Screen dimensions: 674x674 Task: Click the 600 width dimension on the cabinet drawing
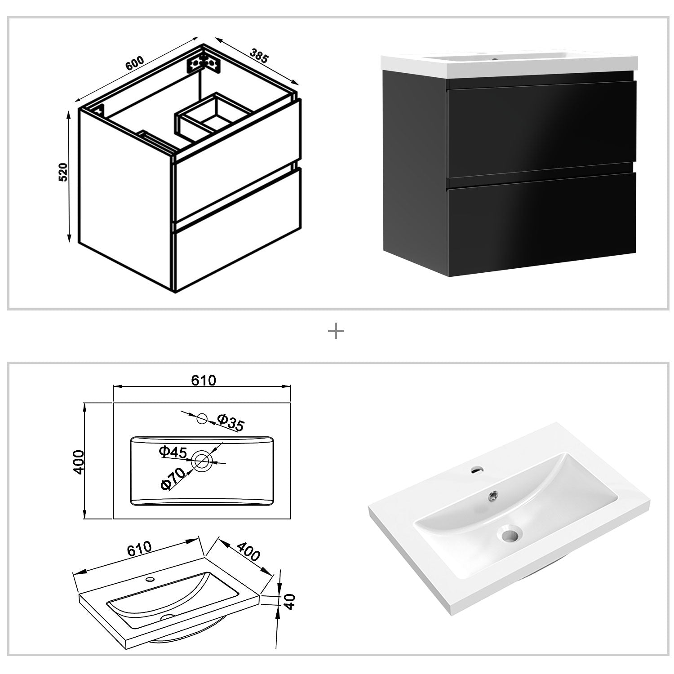[134, 63]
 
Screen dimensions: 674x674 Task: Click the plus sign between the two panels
[336, 332]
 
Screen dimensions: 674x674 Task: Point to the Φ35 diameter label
[231, 422]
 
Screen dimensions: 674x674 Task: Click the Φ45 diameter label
[173, 452]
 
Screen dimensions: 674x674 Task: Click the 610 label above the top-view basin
[204, 380]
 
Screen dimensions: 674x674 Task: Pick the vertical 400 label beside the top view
[79, 461]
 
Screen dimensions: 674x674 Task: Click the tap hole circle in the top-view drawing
[202, 419]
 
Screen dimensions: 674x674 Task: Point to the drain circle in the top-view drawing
[202, 460]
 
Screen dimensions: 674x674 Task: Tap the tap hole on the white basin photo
[477, 470]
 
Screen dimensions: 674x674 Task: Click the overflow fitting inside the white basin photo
[493, 495]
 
